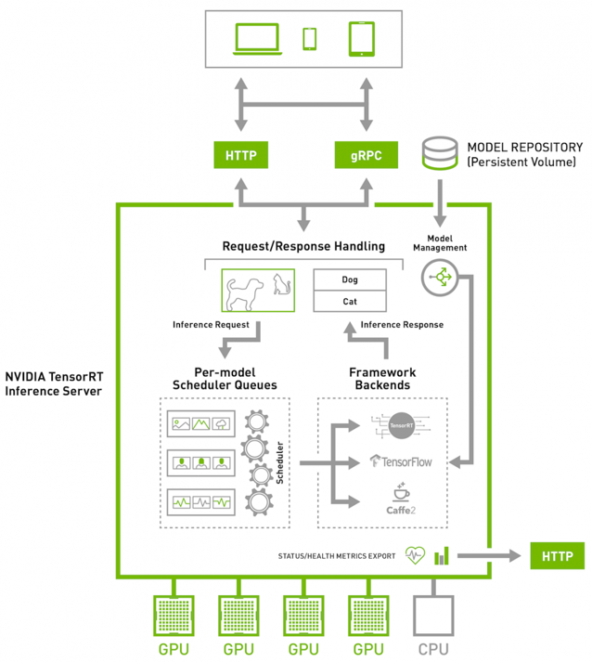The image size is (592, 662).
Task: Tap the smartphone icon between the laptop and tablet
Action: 310,38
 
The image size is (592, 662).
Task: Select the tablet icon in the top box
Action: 361,38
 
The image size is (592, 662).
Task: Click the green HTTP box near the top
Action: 240,156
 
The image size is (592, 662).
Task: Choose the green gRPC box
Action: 365,156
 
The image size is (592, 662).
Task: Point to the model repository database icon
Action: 440,154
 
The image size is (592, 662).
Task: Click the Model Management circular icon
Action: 440,277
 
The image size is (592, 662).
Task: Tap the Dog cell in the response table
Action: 350,279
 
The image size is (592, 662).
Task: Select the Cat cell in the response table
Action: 350,302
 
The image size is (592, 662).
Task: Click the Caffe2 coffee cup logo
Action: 401,499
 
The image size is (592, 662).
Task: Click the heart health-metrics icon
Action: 414,556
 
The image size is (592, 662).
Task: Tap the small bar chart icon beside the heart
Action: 442,555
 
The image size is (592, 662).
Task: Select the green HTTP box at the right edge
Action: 557,556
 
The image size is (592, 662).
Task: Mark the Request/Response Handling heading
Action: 303,247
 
